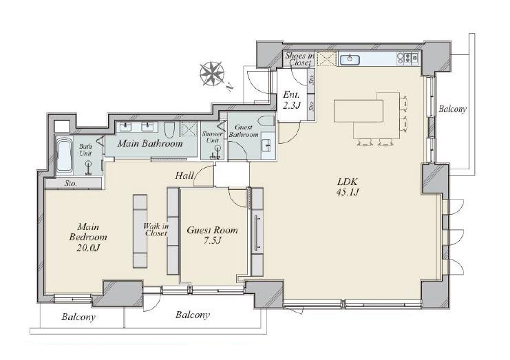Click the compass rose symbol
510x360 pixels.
(212, 74)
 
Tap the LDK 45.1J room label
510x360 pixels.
(348, 187)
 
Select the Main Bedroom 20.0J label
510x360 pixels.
(88, 237)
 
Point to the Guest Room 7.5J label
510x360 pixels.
(212, 235)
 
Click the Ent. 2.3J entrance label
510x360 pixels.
(291, 100)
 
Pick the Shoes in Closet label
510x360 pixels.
(299, 59)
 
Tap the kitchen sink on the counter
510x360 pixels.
(350, 59)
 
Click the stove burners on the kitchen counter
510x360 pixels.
(408, 59)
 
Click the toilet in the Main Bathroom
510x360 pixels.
(169, 130)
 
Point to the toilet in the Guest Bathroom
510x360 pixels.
(266, 121)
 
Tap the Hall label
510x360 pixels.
(184, 176)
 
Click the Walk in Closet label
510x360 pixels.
(156, 229)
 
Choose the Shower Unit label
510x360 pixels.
(212, 137)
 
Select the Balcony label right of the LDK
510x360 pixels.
(452, 109)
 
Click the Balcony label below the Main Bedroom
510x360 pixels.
(78, 317)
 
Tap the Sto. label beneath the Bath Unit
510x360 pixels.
(71, 183)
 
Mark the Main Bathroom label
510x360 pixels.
(150, 143)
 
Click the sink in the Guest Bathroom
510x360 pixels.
(268, 145)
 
